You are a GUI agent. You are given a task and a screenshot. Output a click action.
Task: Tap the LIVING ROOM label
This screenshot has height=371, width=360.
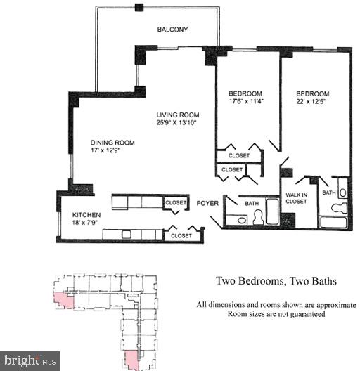pyautogui.click(x=178, y=115)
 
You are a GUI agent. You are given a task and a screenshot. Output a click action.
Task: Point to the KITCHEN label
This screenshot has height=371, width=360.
pyautogui.click(x=87, y=214)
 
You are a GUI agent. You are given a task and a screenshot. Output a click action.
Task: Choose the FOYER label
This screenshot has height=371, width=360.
pyautogui.click(x=208, y=204)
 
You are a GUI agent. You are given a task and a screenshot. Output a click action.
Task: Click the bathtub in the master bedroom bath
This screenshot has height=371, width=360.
pyautogui.click(x=336, y=222)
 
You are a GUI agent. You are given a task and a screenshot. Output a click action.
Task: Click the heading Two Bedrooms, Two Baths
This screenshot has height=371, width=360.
pyautogui.click(x=276, y=281)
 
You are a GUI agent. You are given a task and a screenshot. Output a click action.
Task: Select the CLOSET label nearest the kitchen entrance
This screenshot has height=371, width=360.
pyautogui.click(x=176, y=202)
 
